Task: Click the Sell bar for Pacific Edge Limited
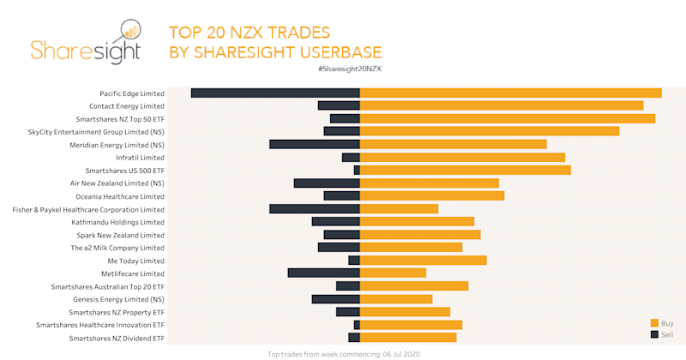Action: click(275, 93)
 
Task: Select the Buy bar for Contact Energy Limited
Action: click(502, 105)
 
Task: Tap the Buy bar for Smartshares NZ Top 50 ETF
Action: click(508, 118)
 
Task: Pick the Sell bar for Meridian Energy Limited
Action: click(315, 144)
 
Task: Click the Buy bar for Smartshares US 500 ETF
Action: click(466, 171)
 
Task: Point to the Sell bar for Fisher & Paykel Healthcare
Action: click(315, 209)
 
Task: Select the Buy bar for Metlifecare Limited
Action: click(393, 273)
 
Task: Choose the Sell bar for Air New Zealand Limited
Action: click(327, 183)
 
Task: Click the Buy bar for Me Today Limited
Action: click(424, 261)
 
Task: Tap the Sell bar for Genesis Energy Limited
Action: click(336, 299)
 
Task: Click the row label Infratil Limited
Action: click(139, 158)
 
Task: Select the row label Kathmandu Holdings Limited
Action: click(118, 222)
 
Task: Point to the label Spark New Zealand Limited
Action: click(121, 235)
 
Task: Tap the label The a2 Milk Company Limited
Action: click(117, 248)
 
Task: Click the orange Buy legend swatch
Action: click(654, 323)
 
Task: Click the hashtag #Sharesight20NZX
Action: click(349, 68)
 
